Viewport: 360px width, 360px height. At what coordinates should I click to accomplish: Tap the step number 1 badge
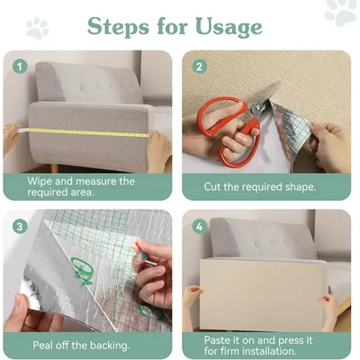[19, 66]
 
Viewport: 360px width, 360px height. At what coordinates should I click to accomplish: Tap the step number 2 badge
[199, 66]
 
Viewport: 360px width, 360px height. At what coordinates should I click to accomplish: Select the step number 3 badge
[19, 225]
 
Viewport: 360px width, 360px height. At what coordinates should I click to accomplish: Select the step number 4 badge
[199, 225]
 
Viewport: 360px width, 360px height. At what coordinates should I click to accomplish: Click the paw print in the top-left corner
[37, 27]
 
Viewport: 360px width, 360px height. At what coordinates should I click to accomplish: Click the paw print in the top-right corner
[340, 12]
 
